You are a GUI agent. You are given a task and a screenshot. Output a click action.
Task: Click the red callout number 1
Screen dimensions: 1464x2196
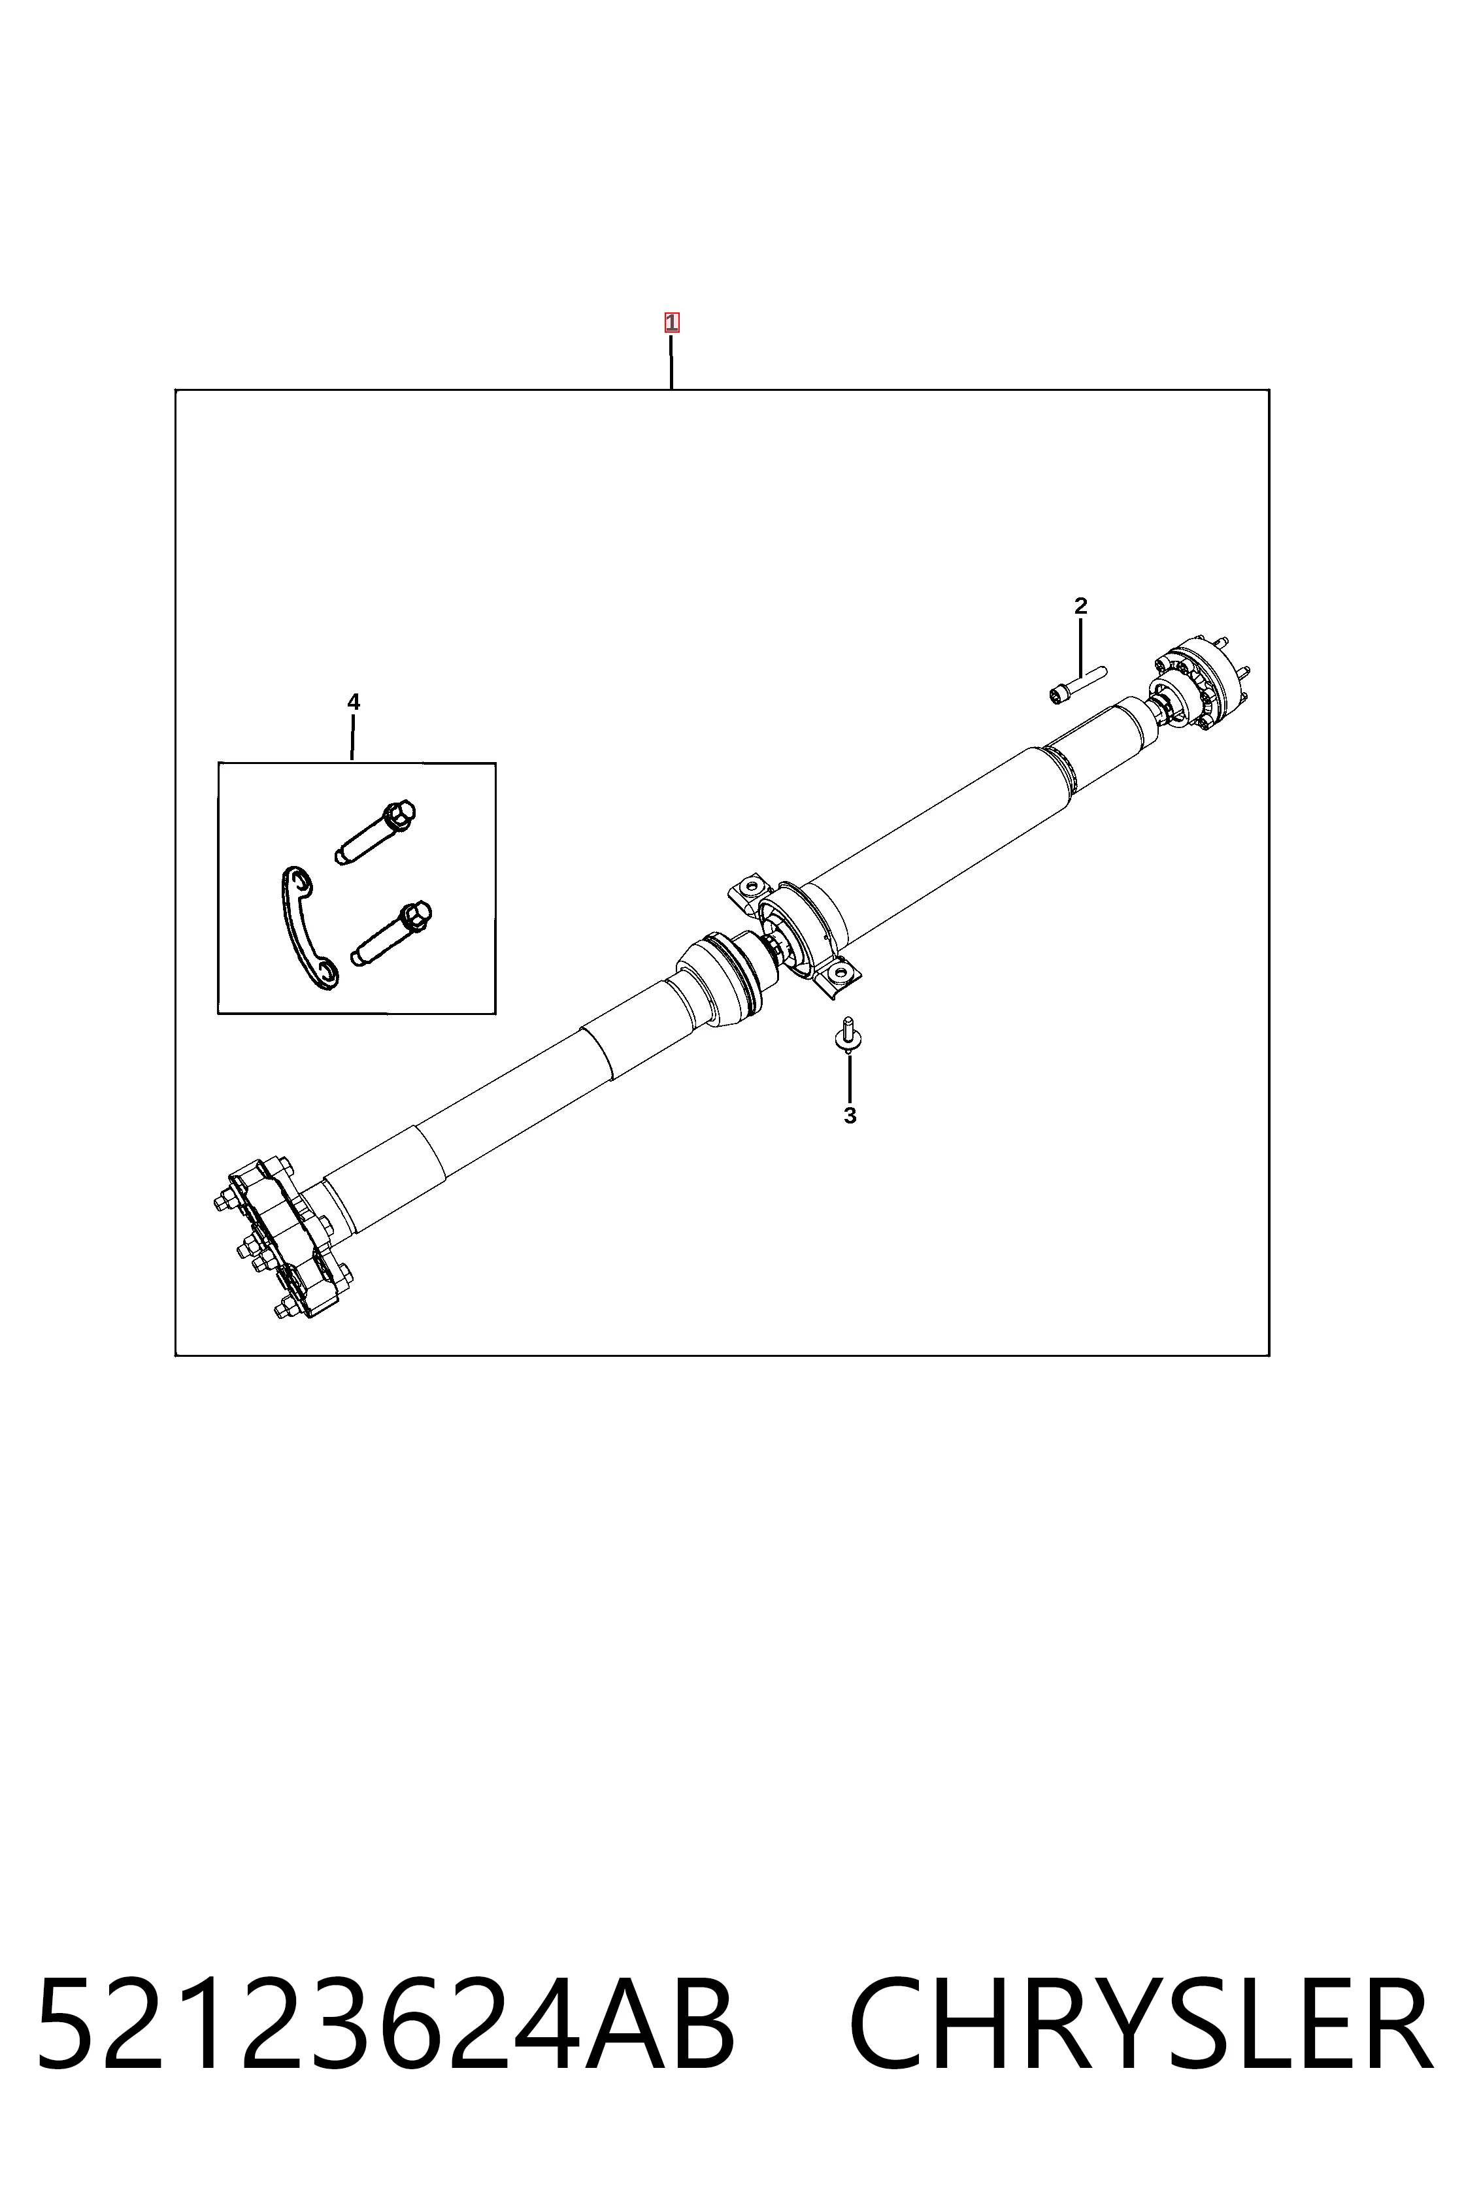[671, 323]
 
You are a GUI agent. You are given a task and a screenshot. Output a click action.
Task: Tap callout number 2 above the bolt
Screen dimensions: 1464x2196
[1080, 606]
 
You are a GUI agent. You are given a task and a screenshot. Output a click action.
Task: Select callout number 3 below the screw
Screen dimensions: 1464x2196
[850, 1116]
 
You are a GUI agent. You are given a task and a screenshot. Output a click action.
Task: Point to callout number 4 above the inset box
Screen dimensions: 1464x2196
[353, 702]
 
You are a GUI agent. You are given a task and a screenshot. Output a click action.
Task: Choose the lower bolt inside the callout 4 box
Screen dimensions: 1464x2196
[392, 933]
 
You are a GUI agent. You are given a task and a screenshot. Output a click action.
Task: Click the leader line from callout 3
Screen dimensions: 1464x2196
[850, 1078]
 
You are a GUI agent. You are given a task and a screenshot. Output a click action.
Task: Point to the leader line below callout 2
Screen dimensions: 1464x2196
[1080, 648]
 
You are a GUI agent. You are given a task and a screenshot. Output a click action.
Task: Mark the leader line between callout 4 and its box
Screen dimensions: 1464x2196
[352, 738]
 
